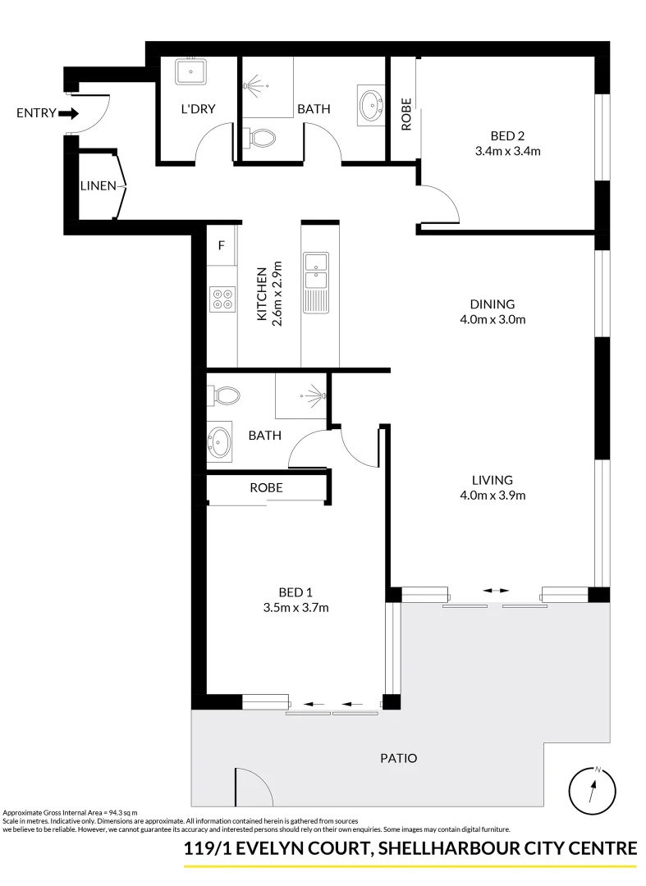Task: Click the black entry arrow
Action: pyautogui.click(x=70, y=113)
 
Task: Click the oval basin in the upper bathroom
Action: pyautogui.click(x=371, y=105)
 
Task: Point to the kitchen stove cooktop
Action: pyautogui.click(x=222, y=297)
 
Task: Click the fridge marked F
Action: pyautogui.click(x=221, y=245)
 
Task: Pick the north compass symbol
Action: pyautogui.click(x=592, y=789)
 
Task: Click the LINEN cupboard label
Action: pyautogui.click(x=98, y=186)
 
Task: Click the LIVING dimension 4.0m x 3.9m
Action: pyautogui.click(x=493, y=495)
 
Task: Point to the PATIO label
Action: pyautogui.click(x=400, y=759)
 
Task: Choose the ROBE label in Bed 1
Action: pyautogui.click(x=266, y=487)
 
